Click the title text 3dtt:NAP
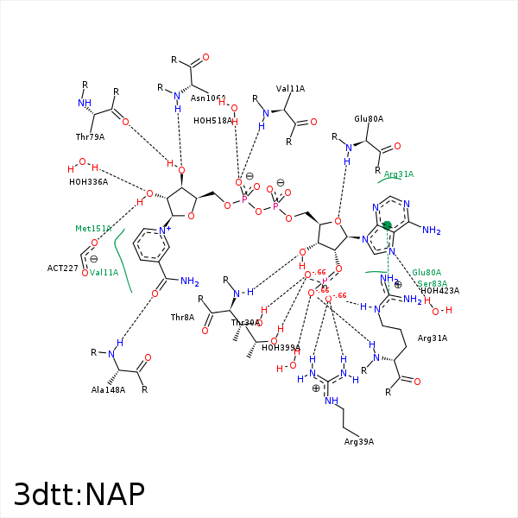[x=79, y=493]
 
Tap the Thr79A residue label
[x=90, y=136]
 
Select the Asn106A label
[x=208, y=99]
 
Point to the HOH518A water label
[x=212, y=121]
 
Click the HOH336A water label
[x=88, y=181]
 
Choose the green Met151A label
[x=93, y=229]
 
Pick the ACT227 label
[x=63, y=268]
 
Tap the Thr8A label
[x=182, y=318]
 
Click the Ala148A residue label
[x=109, y=390]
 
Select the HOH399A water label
[x=281, y=348]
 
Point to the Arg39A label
[x=358, y=442]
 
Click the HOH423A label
[x=439, y=291]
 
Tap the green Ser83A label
[x=433, y=283]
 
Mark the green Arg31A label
[x=399, y=174]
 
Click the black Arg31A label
[x=433, y=338]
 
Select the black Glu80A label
[x=369, y=119]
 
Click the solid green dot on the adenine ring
[x=387, y=226]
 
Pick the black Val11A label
[x=290, y=88]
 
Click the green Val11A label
[x=104, y=273]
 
